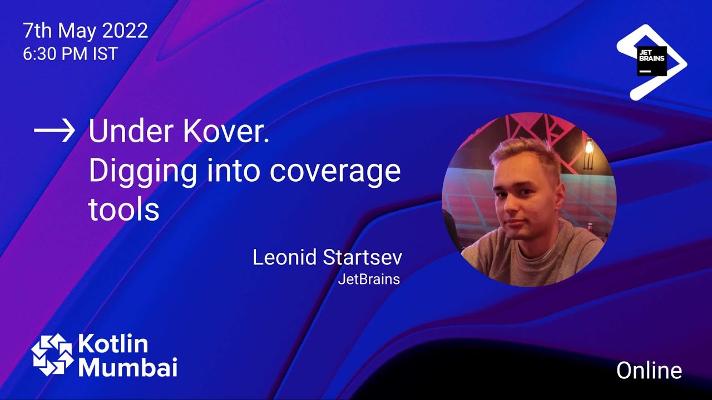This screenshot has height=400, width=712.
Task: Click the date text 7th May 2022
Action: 85,31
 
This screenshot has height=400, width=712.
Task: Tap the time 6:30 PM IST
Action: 70,54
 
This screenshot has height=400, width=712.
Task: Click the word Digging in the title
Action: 142,172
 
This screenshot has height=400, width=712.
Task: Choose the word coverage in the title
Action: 335,172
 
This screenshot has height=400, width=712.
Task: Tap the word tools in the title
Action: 123,210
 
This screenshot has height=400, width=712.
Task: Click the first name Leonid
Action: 284,257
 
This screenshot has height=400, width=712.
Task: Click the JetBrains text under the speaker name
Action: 369,279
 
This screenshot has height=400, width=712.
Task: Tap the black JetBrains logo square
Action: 651,61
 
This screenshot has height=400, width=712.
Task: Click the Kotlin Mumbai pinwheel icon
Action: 52,354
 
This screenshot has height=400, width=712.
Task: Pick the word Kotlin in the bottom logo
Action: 113,344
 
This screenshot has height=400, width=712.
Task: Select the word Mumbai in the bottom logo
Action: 127,367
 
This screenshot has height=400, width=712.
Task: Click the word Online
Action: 649,371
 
